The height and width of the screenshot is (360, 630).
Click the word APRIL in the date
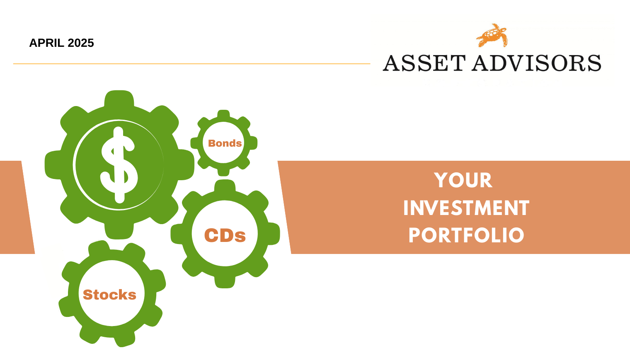pyautogui.click(x=47, y=43)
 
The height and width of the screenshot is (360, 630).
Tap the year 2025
pyautogui.click(x=81, y=43)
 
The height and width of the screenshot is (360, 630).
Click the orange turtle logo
pyautogui.click(x=492, y=35)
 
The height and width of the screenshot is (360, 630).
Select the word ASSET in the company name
pyautogui.click(x=424, y=63)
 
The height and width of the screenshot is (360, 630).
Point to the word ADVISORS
pyautogui.click(x=537, y=63)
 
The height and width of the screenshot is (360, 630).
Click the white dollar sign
pyautogui.click(x=119, y=165)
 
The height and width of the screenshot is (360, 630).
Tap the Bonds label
pyautogui.click(x=225, y=143)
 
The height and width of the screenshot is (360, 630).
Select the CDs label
pyautogui.click(x=225, y=235)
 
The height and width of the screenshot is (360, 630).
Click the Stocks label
pyautogui.click(x=110, y=295)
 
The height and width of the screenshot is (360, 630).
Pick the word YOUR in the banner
pyautogui.click(x=463, y=180)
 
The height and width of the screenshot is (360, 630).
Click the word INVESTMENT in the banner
pyautogui.click(x=466, y=208)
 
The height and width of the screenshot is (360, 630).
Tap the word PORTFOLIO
pyautogui.click(x=466, y=235)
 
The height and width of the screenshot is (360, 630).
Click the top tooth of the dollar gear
pyautogui.click(x=119, y=98)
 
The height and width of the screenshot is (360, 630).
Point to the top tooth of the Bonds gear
pyautogui.click(x=223, y=114)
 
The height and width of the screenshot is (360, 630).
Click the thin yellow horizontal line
pyautogui.click(x=191, y=64)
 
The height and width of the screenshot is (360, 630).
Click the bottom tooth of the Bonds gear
pyautogui.click(x=223, y=172)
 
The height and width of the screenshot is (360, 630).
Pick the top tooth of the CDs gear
pyautogui.click(x=225, y=186)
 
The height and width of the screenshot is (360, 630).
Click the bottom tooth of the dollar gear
pyautogui.click(x=119, y=231)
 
